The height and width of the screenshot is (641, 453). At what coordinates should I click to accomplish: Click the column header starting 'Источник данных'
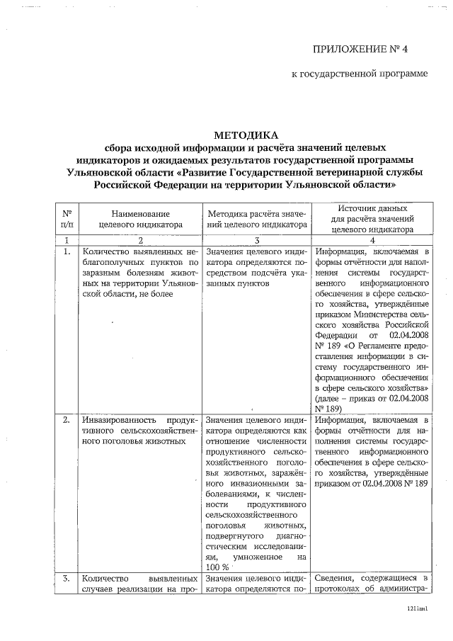(372, 210)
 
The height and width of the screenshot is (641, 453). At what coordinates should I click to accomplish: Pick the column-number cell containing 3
(257, 240)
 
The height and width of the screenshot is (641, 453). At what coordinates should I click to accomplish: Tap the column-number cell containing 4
(372, 240)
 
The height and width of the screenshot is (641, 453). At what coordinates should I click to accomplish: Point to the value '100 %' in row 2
(219, 567)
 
